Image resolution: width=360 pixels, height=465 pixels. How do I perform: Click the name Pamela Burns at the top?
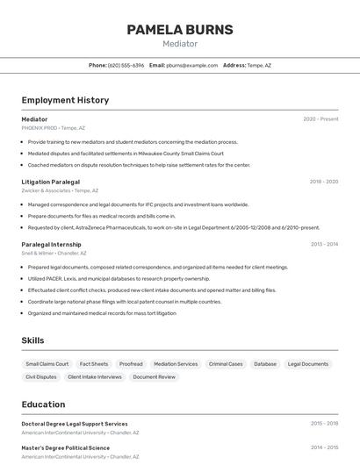point(180,30)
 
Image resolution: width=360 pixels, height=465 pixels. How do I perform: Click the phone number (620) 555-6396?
point(126,65)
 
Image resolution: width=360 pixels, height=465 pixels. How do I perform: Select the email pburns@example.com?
point(191,65)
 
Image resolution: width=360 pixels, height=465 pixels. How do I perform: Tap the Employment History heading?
point(65,100)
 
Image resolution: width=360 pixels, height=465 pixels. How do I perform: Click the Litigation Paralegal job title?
point(50,182)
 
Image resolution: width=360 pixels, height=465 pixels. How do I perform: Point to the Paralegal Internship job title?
point(51,245)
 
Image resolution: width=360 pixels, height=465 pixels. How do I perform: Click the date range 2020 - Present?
point(320,119)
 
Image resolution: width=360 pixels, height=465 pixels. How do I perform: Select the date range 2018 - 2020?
point(323,182)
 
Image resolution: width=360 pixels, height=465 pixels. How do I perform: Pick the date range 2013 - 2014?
point(323,245)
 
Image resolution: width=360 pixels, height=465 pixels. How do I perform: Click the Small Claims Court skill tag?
point(47,364)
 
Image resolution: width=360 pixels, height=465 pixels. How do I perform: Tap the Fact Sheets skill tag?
point(94,364)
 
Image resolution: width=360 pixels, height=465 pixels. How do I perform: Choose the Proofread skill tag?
point(131,364)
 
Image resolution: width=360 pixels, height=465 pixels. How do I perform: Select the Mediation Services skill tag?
point(176,364)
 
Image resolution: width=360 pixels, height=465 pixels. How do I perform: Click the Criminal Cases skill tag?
point(226,364)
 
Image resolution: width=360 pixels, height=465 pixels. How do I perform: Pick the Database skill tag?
point(265,364)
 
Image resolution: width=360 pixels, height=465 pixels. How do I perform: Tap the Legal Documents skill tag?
point(308,364)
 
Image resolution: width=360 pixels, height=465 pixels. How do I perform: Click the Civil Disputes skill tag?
point(41,377)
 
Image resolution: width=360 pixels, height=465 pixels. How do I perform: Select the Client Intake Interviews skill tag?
point(95,377)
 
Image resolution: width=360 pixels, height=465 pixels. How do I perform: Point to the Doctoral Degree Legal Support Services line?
point(75,424)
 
